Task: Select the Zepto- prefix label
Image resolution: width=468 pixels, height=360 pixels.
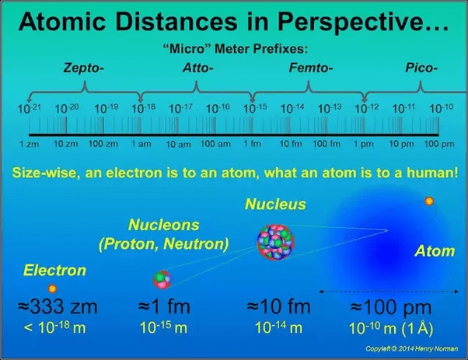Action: point(85,68)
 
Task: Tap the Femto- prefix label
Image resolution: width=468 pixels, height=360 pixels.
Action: point(311,68)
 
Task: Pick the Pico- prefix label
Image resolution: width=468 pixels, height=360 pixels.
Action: point(423,68)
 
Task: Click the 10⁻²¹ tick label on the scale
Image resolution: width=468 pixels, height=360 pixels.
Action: point(29,108)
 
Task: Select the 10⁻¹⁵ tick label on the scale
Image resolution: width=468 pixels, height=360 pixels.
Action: point(253,108)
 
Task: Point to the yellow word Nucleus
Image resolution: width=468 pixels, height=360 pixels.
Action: point(275,205)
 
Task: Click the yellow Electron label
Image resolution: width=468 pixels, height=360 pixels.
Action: point(55,271)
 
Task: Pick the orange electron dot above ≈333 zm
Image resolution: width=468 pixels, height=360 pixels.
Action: point(53,288)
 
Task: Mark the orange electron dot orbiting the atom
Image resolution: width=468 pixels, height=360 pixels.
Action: point(428,201)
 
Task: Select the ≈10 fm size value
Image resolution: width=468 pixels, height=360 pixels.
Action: point(277,307)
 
